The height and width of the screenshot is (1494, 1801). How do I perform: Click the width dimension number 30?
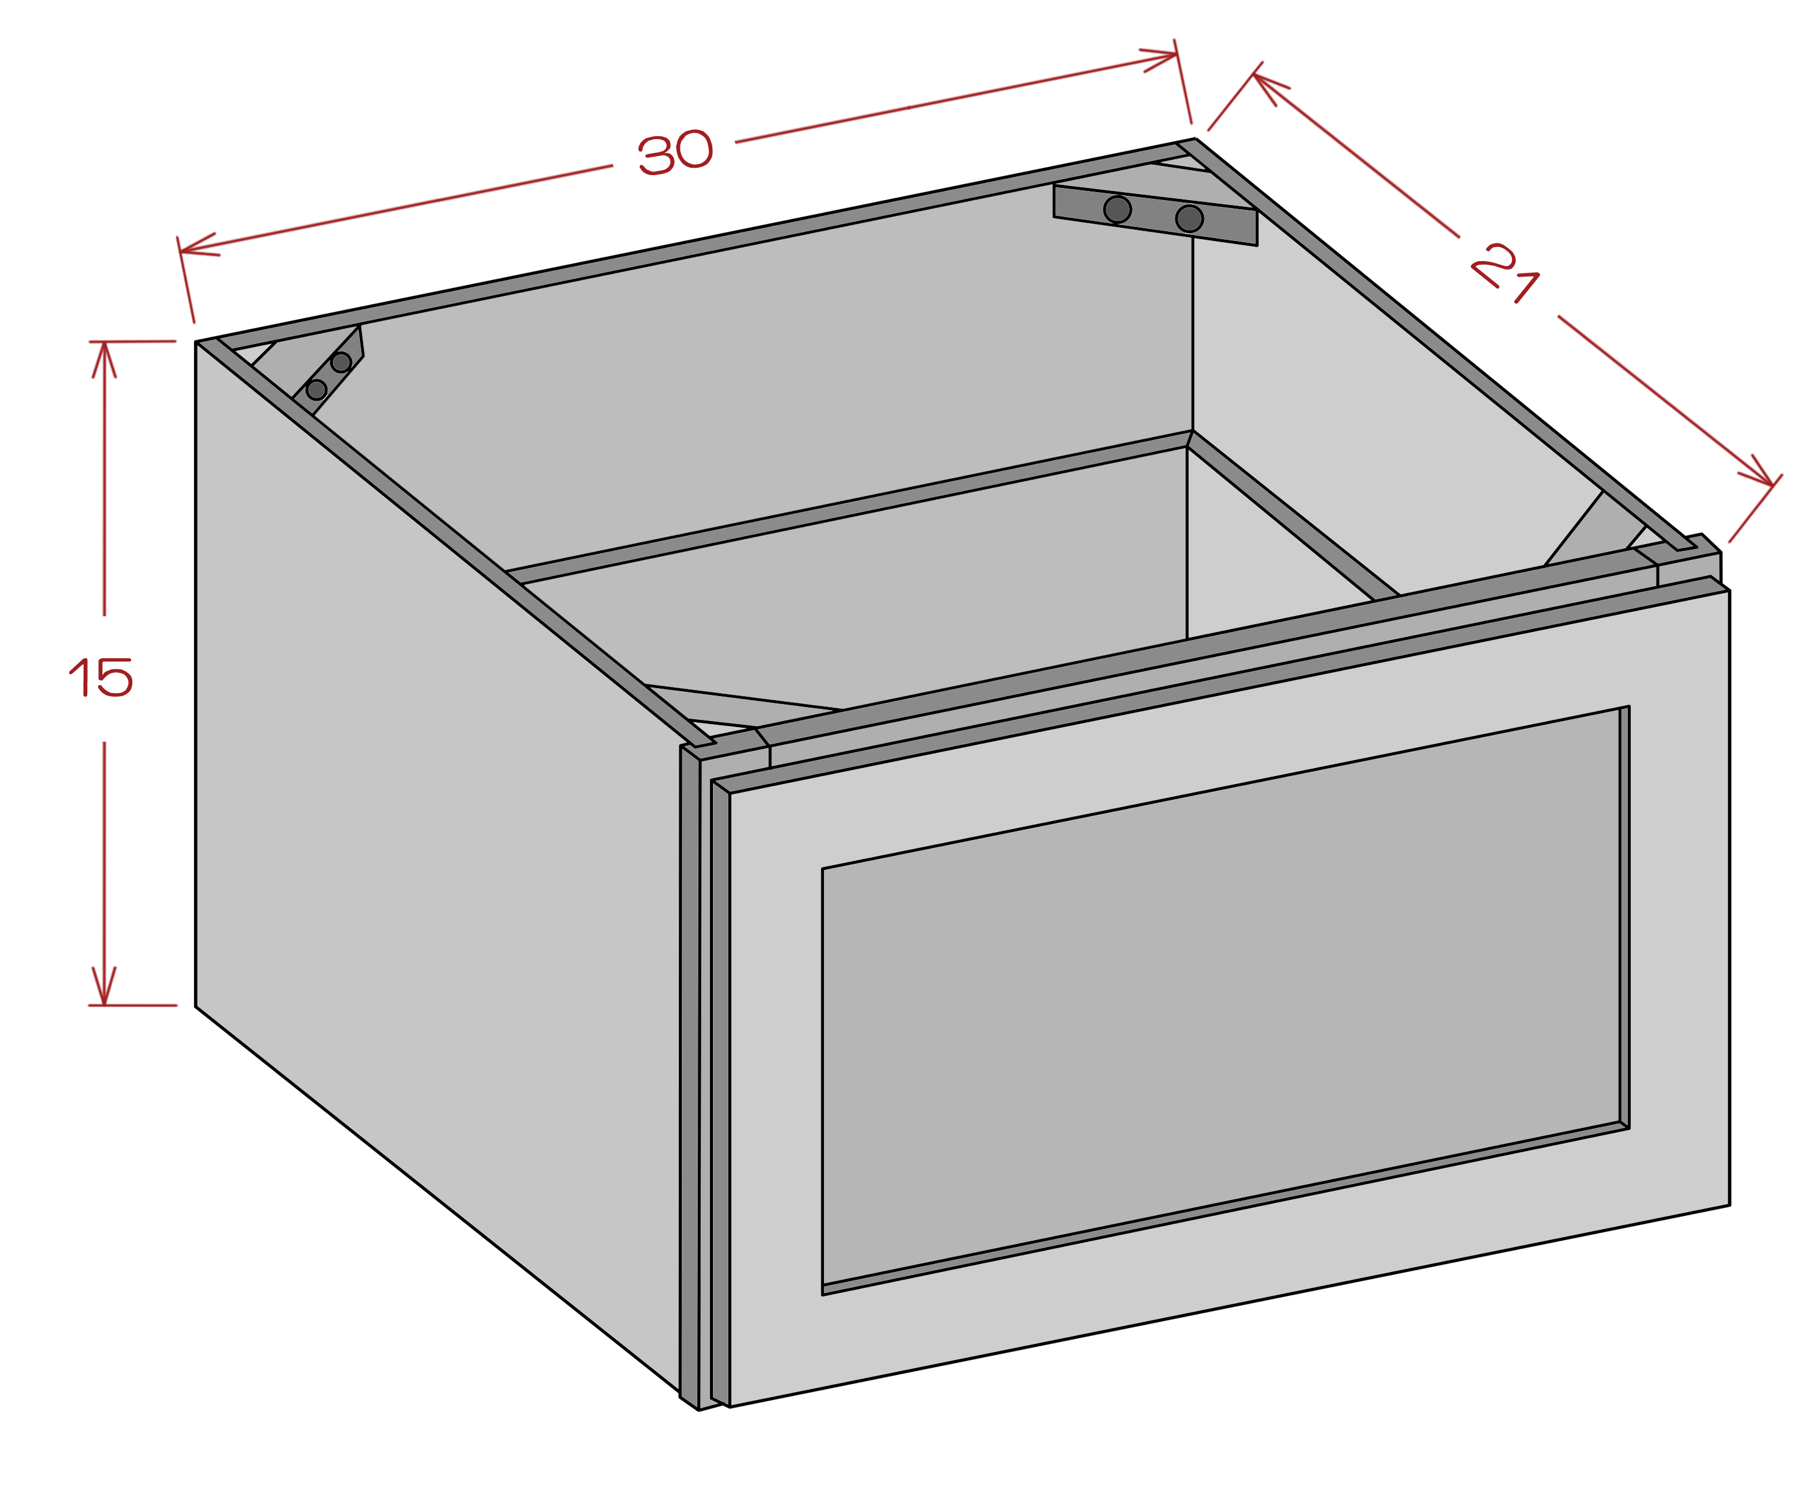[675, 153]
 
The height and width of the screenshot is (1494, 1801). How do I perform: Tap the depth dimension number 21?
[1506, 273]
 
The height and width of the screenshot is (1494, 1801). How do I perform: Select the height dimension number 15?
[101, 678]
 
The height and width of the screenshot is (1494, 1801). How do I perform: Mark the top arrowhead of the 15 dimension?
[104, 359]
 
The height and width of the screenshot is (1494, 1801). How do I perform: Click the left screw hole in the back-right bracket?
[1117, 209]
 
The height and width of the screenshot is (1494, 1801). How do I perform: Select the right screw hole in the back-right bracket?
[1189, 218]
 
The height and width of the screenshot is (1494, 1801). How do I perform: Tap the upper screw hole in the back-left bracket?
[340, 362]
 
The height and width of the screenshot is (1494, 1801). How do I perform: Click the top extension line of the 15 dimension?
[132, 342]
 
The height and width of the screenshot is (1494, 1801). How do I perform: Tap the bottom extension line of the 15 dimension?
[132, 1005]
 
